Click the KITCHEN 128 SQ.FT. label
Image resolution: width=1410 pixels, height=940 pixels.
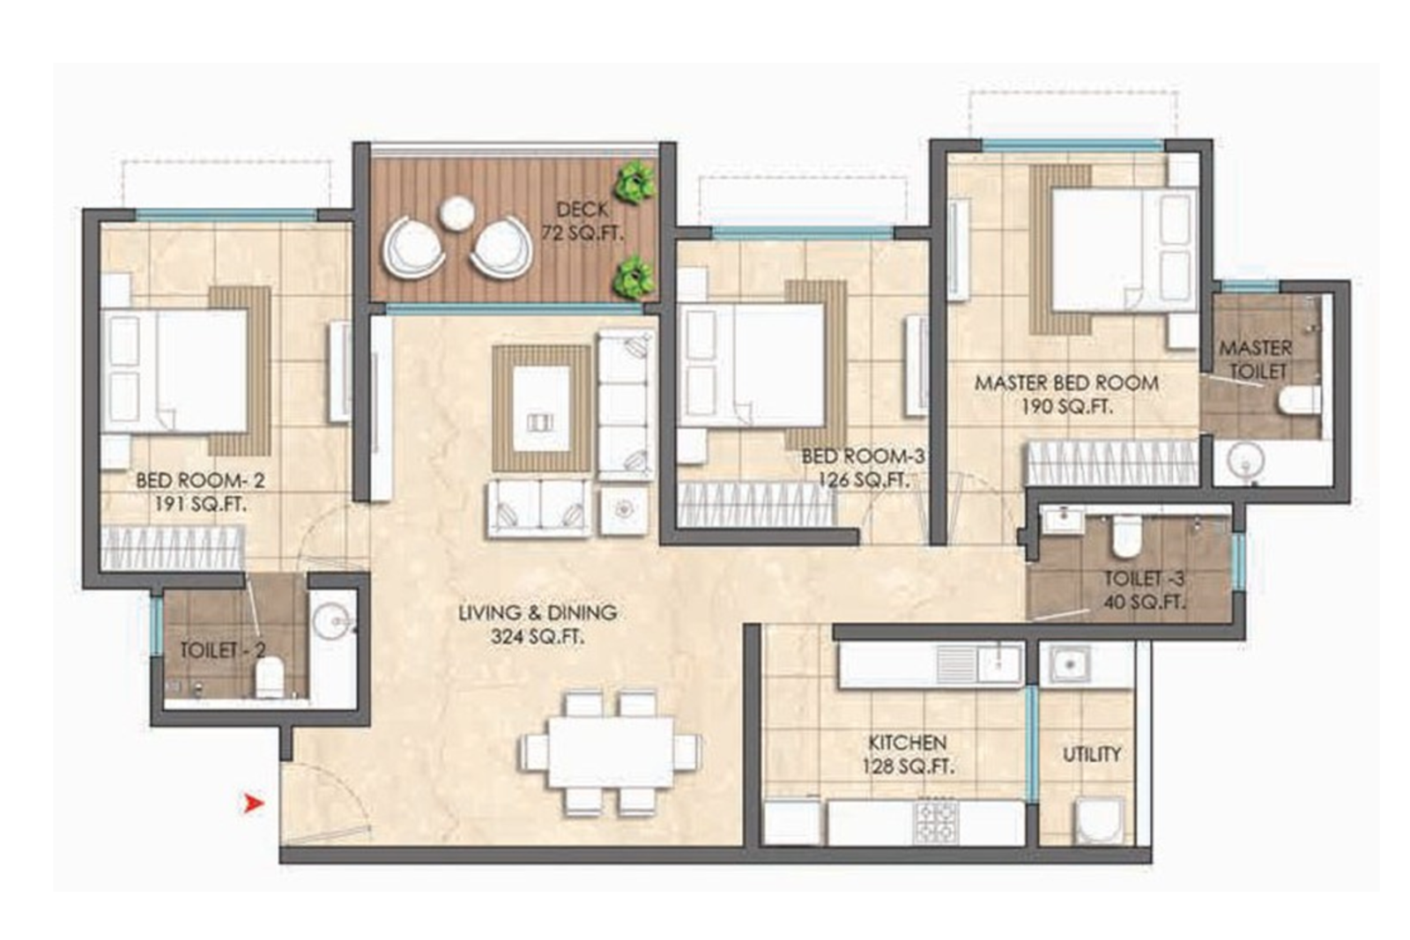point(907,754)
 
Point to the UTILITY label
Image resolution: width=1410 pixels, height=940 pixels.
point(1091,754)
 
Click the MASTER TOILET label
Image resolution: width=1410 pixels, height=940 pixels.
point(1256,359)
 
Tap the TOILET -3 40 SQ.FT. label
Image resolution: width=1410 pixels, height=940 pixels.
point(1144,590)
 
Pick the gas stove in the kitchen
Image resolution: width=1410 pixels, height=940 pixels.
point(936,821)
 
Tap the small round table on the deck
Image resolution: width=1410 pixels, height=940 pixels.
point(457,212)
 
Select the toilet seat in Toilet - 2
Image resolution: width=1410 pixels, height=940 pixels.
point(270,677)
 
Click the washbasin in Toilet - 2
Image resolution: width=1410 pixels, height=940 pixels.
point(332,621)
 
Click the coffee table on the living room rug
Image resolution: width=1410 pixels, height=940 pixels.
point(541,407)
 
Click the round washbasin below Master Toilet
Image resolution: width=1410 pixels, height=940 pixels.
point(1244,461)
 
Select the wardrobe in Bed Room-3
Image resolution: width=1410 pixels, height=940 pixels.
point(755,505)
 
